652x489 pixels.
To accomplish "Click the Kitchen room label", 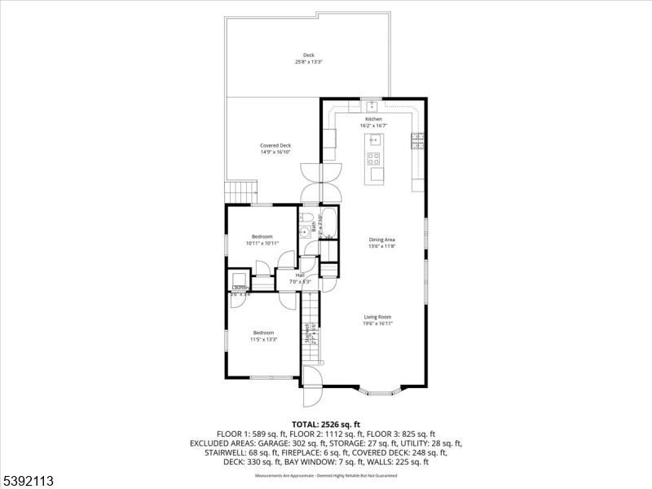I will [373, 119].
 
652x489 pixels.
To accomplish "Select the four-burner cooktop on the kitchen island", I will [374, 158].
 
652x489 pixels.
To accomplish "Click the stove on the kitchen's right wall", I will [418, 141].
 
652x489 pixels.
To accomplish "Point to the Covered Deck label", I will [275, 145].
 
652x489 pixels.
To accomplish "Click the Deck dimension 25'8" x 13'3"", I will [308, 62].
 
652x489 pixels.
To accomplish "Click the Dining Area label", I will [381, 239].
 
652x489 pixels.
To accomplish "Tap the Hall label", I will [300, 275].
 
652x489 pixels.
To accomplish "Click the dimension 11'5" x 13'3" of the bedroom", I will [264, 339].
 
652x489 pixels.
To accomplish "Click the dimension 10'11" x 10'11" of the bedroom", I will [262, 243].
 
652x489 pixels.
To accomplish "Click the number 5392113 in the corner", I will [29, 481].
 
